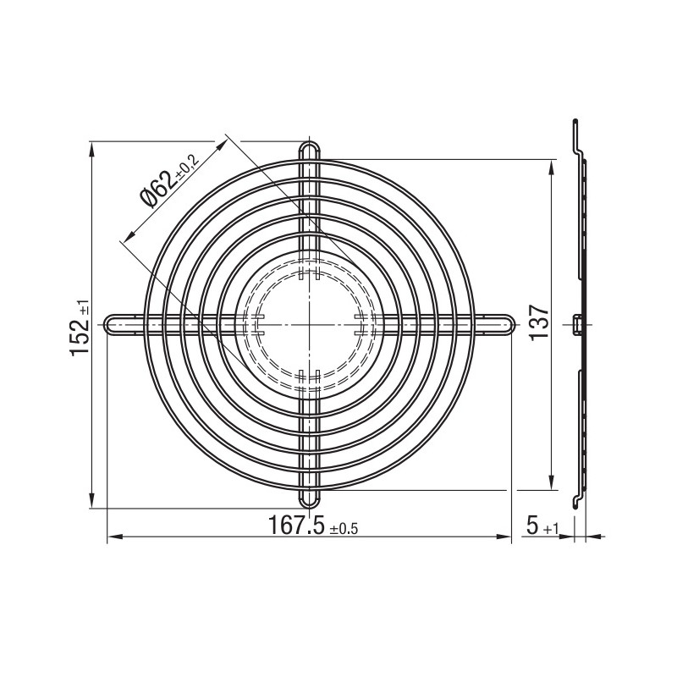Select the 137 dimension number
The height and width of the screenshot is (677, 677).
point(539,322)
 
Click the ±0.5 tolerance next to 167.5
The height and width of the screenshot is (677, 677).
point(344,529)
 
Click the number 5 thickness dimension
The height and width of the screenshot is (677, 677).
point(533,525)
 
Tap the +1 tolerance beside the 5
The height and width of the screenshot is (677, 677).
point(551,529)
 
